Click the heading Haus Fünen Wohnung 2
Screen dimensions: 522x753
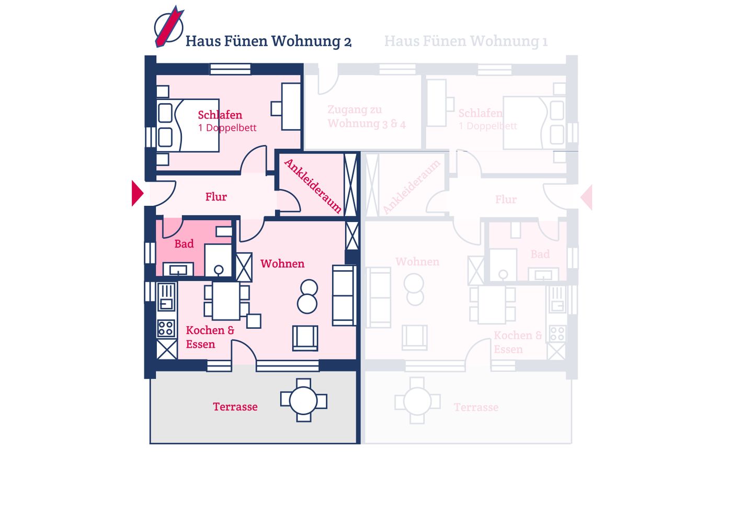point(268,41)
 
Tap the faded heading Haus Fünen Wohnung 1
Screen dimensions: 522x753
point(465,41)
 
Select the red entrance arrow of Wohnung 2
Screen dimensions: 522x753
point(137,193)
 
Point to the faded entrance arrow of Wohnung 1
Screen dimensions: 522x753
point(587,197)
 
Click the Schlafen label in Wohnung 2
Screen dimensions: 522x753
point(220,115)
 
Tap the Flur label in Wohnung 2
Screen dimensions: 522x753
point(216,197)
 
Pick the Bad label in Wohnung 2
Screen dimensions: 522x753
point(184,244)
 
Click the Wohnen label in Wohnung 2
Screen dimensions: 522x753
point(282,264)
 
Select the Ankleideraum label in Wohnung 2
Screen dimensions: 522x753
point(313,186)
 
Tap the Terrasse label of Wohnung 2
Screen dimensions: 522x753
point(235,407)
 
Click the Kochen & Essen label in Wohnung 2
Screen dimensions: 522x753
point(210,337)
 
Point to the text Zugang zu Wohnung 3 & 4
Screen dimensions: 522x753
point(366,117)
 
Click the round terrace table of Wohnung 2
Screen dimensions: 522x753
point(303,401)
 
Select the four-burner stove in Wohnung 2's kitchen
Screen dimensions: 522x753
point(166,328)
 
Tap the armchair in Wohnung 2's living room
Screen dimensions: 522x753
point(305,338)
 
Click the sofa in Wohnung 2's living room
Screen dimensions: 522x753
point(344,295)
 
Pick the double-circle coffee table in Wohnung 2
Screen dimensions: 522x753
point(307,296)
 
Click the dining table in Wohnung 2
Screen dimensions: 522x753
point(226,301)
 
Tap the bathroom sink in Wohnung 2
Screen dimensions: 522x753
point(178,270)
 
